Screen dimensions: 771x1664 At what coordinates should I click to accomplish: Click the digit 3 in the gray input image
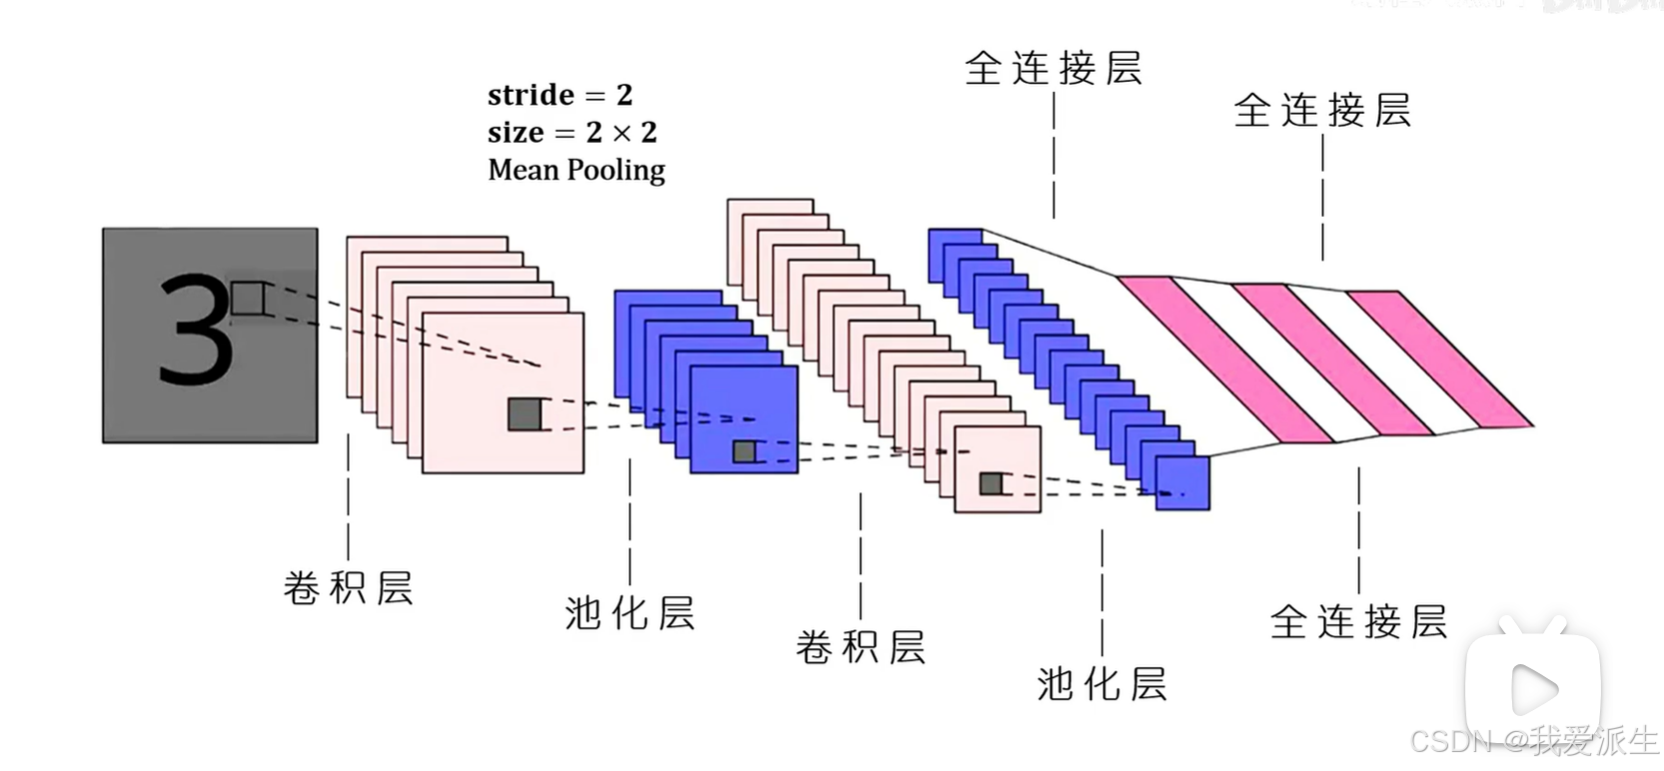tap(196, 332)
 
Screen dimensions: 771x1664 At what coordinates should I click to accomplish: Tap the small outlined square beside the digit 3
tap(248, 299)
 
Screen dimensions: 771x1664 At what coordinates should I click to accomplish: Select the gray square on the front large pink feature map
tap(524, 414)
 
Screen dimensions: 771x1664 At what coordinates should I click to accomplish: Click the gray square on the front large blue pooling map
tap(744, 451)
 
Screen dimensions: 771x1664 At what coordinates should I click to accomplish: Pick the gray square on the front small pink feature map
tap(991, 484)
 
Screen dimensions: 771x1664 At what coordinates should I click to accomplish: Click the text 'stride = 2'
tap(559, 95)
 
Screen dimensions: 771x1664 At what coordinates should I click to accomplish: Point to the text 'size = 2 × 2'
tap(571, 132)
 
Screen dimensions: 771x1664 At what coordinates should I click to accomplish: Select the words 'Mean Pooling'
tap(576, 170)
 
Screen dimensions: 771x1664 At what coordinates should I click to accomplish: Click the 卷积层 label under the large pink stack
tap(348, 588)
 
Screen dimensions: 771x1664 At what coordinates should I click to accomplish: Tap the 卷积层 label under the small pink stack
tap(860, 647)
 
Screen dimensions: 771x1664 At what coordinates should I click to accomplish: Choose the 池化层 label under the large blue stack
tap(629, 613)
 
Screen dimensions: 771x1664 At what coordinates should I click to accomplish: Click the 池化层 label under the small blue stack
tap(1102, 684)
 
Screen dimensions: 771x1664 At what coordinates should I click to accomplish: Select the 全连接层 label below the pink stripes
tap(1358, 622)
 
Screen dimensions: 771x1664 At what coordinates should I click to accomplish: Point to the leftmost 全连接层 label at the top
tap(1053, 69)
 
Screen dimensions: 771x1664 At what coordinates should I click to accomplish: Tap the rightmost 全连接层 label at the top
tap(1322, 111)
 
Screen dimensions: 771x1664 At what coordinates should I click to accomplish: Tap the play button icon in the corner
tap(1533, 689)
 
